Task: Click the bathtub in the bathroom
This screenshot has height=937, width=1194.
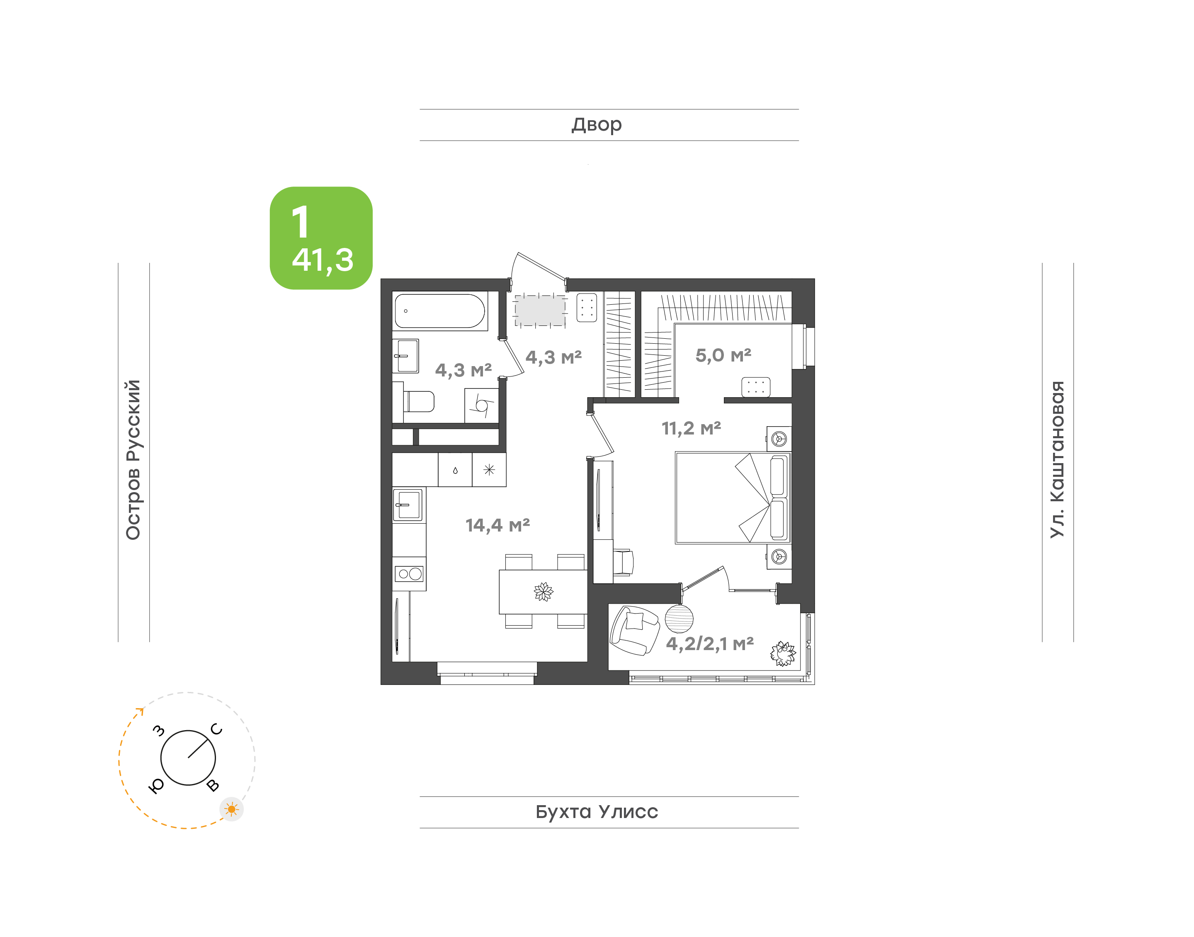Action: tap(440, 311)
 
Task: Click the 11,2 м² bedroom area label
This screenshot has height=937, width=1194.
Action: tap(691, 428)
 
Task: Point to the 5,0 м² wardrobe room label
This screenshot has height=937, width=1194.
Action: tap(723, 355)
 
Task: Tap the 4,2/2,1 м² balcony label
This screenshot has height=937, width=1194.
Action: tap(710, 643)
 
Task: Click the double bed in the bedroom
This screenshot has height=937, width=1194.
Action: tap(733, 498)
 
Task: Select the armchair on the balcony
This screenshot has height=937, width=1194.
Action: tap(635, 630)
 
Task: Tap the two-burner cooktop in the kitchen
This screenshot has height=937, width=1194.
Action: tap(410, 574)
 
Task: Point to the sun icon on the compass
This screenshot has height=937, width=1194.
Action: tap(231, 809)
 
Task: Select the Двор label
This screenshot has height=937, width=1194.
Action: tap(597, 125)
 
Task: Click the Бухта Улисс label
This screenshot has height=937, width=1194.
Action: tap(597, 812)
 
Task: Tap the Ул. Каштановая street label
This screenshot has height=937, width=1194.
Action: tap(1057, 459)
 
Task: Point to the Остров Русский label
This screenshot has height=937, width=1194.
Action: tap(133, 460)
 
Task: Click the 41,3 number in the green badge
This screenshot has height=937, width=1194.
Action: tap(323, 260)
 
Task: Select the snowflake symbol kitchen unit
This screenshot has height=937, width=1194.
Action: tap(489, 470)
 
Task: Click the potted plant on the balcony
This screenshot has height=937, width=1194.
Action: tap(783, 653)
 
